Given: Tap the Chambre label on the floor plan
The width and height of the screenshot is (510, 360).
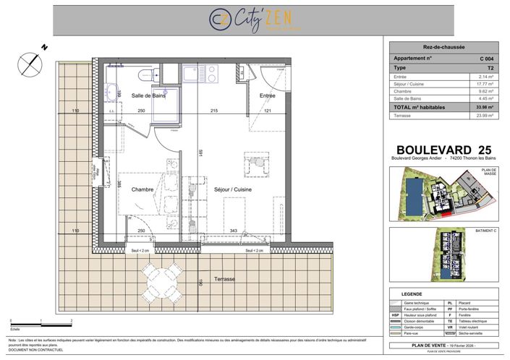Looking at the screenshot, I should pyautogui.click(x=143, y=189).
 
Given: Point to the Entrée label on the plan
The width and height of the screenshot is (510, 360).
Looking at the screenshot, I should pyautogui.click(x=267, y=95).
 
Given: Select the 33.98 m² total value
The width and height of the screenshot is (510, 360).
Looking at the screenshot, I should pyautogui.click(x=485, y=107).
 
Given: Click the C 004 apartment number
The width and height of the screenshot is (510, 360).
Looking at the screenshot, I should pyautogui.click(x=486, y=57).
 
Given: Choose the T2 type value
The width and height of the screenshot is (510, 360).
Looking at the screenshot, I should pyautogui.click(x=490, y=67).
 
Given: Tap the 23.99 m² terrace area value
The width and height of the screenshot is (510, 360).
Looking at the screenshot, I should pyautogui.click(x=485, y=116).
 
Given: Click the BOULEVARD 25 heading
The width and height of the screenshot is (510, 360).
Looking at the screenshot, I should pyautogui.click(x=444, y=150).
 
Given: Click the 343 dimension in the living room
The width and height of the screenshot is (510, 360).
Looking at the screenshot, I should pyautogui.click(x=233, y=230).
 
